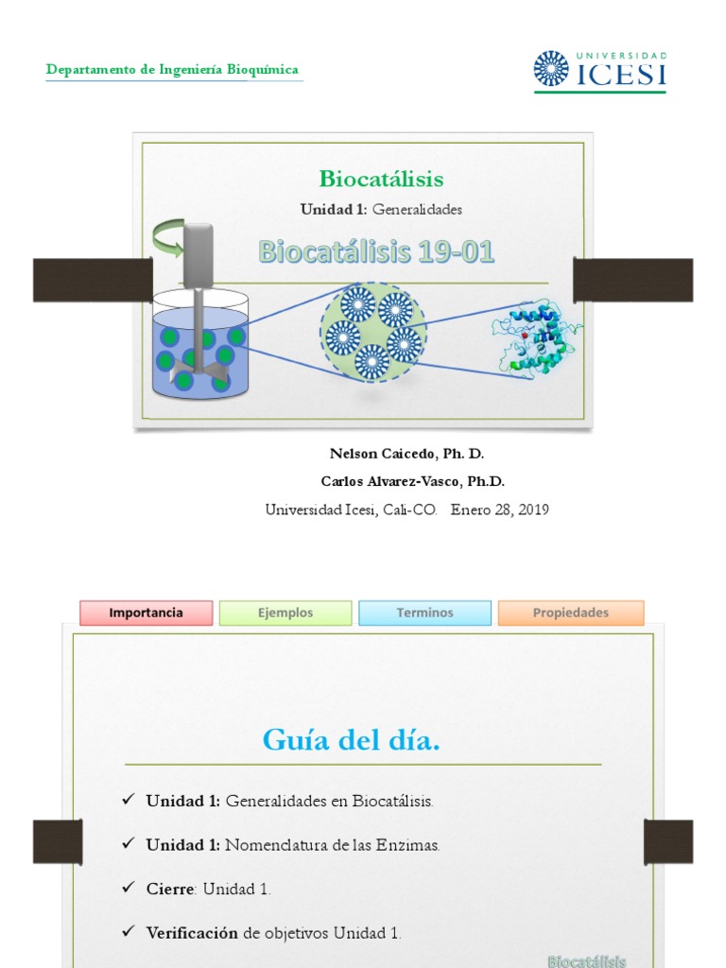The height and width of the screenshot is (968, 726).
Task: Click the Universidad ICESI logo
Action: (x=599, y=70)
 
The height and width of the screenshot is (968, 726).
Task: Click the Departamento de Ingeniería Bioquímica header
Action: (x=173, y=70)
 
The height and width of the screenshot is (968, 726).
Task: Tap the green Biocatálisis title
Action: (x=381, y=179)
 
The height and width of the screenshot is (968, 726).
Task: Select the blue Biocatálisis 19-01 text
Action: (x=376, y=252)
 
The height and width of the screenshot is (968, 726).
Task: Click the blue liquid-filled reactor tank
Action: (x=200, y=350)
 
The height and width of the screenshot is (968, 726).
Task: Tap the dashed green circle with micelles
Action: (x=372, y=333)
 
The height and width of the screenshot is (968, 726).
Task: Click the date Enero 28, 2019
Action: (x=499, y=510)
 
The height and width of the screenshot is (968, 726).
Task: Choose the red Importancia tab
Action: (x=146, y=613)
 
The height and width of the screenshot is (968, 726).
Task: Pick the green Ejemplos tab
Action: (x=285, y=613)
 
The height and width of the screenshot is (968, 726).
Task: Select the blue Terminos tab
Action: (x=424, y=613)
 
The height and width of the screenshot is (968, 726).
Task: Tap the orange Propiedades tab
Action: (x=571, y=613)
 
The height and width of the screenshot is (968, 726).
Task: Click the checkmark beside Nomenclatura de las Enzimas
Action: (x=128, y=844)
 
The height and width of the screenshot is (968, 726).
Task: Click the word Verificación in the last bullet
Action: (x=192, y=933)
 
